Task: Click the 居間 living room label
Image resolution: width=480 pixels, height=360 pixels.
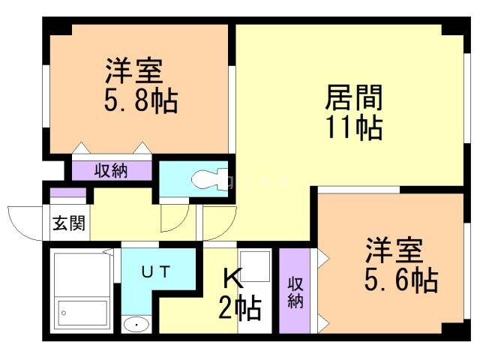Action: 353,97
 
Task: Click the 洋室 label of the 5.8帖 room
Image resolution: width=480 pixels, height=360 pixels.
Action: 133,72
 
